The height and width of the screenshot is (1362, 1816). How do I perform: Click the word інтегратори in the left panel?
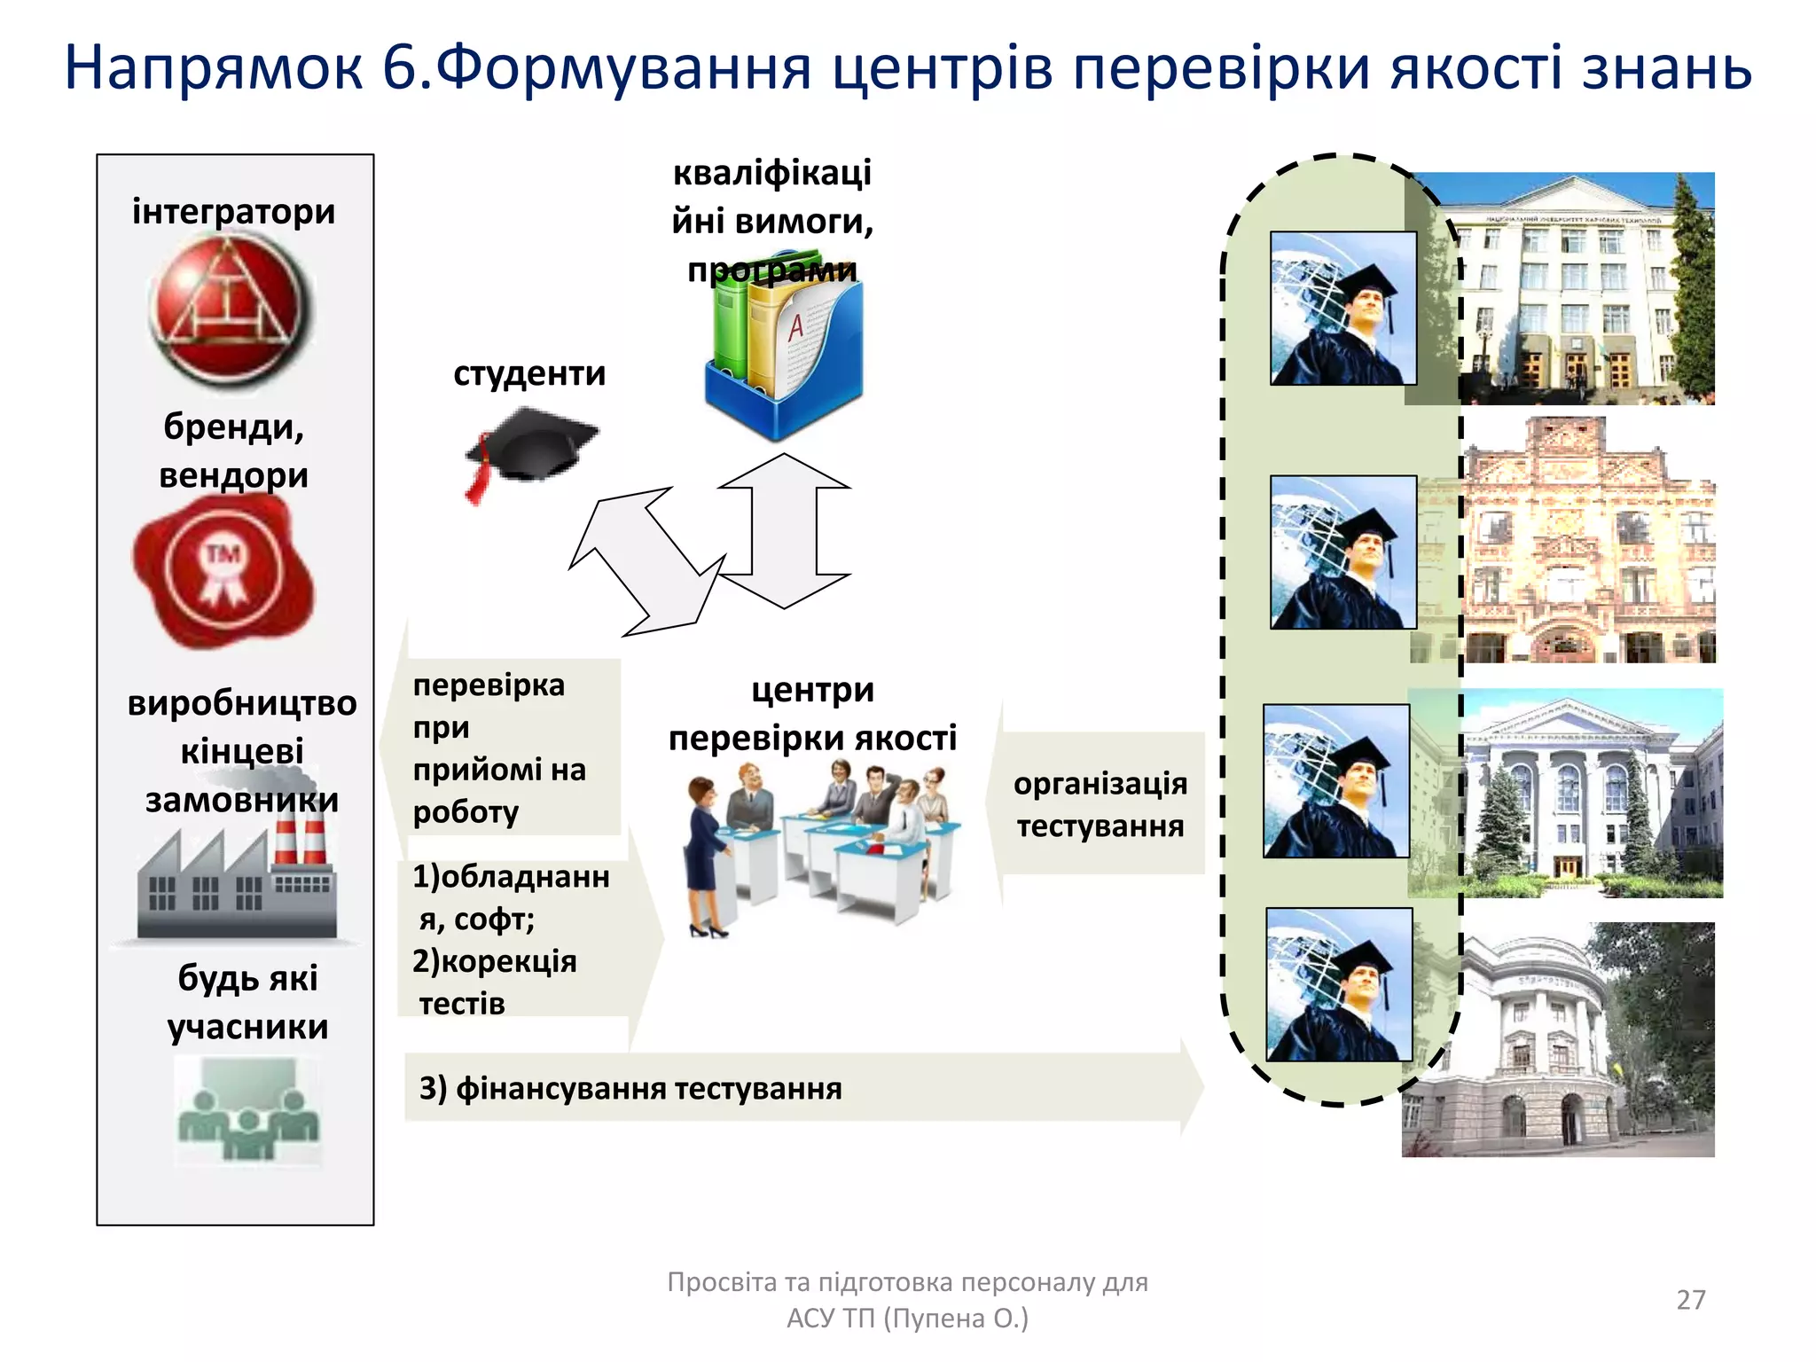pyautogui.click(x=233, y=212)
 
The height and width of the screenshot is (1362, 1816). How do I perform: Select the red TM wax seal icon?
pyautogui.click(x=223, y=570)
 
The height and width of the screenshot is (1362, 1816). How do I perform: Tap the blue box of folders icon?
pyautogui.click(x=784, y=355)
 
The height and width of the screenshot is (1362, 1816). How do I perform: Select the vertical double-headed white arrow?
pyautogui.click(x=784, y=530)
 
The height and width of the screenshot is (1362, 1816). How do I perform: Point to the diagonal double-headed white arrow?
pyautogui.click(x=647, y=562)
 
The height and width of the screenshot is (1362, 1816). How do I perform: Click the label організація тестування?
pyautogui.click(x=1100, y=804)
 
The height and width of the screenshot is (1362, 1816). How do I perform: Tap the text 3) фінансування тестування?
pyautogui.click(x=630, y=1088)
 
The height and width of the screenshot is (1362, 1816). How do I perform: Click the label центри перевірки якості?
pyautogui.click(x=812, y=714)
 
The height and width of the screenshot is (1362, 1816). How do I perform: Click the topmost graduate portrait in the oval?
pyautogui.click(x=1342, y=308)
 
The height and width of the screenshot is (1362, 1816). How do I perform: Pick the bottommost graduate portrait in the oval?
pyautogui.click(x=1338, y=983)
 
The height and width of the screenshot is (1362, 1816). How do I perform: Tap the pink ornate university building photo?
pyautogui.click(x=1587, y=541)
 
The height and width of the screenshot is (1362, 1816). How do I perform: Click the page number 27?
pyautogui.click(x=1690, y=1299)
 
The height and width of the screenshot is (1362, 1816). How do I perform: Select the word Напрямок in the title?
pyautogui.click(x=213, y=68)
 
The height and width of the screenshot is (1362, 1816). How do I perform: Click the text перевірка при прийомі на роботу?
pyautogui.click(x=498, y=748)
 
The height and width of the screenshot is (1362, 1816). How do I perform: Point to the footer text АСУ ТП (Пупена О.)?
pyautogui.click(x=907, y=1319)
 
